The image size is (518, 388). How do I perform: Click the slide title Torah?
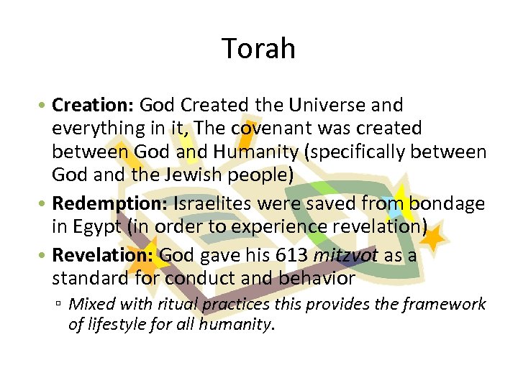pos(259,49)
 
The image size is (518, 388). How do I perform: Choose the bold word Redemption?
pos(110,204)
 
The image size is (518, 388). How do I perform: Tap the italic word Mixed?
pos(90,304)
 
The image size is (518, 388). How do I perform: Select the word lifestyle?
pos(115,324)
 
